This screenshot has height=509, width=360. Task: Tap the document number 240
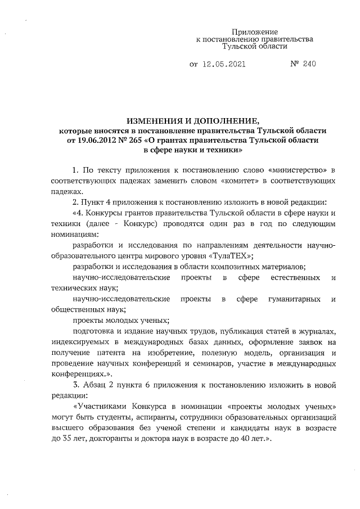pyautogui.click(x=309, y=64)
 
